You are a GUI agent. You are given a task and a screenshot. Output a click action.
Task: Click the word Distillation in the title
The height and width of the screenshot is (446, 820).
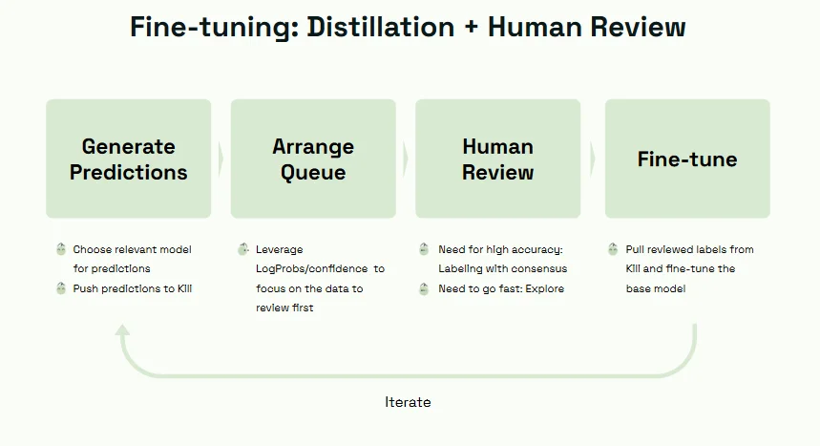pos(380,27)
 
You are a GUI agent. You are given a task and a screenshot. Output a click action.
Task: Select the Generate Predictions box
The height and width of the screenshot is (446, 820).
pos(129,159)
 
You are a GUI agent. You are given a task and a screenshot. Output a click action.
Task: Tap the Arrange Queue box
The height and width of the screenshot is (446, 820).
pos(313,159)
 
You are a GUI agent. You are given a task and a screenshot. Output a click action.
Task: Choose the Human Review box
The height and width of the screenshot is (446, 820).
pos(498,159)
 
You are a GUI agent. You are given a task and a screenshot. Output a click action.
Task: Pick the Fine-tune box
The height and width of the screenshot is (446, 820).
pos(687,159)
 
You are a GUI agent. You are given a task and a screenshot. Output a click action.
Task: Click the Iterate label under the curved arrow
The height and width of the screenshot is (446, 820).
pos(408,402)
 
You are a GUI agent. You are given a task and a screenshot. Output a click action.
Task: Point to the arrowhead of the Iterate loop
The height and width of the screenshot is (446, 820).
pos(122,329)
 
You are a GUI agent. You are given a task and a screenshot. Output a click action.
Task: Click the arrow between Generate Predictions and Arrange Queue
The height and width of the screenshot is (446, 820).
pos(221,159)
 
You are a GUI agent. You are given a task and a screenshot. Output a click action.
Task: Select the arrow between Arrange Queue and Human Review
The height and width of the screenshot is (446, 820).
pos(406,159)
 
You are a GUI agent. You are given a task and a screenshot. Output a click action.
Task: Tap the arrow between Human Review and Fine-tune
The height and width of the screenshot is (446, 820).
pos(593,159)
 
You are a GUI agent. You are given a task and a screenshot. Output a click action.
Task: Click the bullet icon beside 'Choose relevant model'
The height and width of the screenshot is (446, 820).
pos(61,248)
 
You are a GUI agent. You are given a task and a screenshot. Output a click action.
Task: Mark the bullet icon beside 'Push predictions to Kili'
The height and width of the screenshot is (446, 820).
pos(61,287)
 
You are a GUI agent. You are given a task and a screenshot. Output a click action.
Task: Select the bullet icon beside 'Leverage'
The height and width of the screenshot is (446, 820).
pos(243,248)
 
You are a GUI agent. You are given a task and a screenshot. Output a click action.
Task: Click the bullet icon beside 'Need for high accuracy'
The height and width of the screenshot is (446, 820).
pos(424,248)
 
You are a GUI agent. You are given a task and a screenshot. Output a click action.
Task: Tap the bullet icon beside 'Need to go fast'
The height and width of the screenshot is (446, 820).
pos(424,288)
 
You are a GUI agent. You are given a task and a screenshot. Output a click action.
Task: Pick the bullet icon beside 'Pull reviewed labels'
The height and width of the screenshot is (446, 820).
pos(613,248)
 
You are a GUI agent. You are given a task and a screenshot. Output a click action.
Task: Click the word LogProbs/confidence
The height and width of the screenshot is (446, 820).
pos(312,268)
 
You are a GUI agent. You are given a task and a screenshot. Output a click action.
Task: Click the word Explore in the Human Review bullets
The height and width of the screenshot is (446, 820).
pos(545,289)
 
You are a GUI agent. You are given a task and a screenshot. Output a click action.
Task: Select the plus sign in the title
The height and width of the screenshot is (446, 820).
pos(472,28)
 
